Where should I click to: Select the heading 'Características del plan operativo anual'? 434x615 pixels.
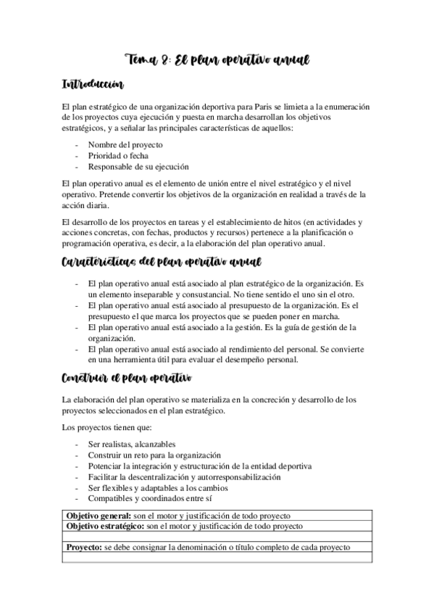pos(162,261)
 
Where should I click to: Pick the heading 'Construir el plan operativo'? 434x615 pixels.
pos(126,378)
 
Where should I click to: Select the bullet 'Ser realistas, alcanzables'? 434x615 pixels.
pos(132,444)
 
